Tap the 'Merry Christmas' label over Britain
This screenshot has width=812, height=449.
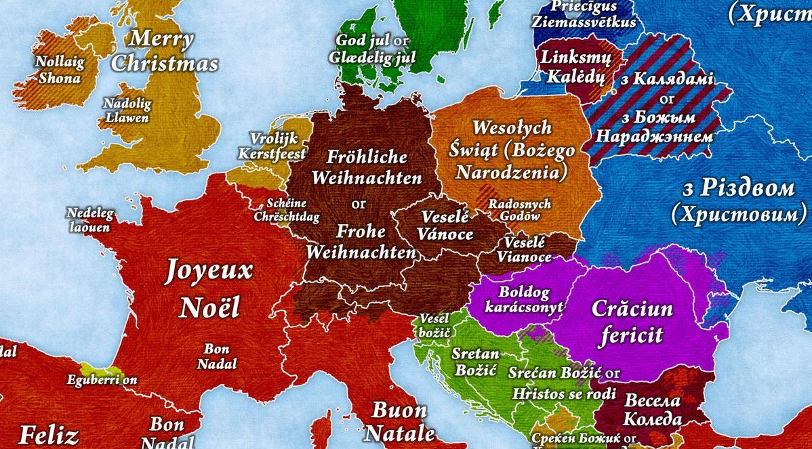[x=165, y=51]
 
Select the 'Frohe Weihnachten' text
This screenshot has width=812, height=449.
[x=361, y=242]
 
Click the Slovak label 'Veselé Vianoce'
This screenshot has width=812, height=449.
[x=524, y=250]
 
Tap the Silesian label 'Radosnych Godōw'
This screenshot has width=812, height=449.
[x=519, y=210]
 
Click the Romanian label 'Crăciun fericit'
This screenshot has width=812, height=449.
[x=632, y=322]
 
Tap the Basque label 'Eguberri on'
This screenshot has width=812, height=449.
[x=102, y=380]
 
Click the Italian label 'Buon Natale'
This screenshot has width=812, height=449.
[x=400, y=421]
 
